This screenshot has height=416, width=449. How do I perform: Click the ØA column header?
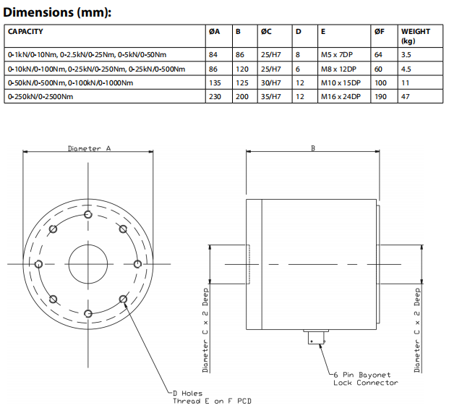pos(214,32)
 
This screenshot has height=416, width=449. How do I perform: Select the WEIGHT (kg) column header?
pos(416,36)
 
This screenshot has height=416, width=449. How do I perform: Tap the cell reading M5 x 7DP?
pos(337,54)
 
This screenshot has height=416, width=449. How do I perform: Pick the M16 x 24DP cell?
pos(341,96)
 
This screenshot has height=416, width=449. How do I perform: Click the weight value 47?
pos(406,96)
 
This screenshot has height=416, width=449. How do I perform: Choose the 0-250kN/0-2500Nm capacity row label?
pos(40,96)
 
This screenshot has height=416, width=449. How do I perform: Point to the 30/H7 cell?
pos(271,82)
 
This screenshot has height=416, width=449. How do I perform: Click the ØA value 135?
pos(215,82)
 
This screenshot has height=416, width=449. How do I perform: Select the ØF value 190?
pos(380,96)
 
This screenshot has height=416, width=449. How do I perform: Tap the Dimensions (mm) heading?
pos(57,12)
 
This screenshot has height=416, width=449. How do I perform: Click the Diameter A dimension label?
pos(89,148)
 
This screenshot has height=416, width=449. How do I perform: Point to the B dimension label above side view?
pos(313,148)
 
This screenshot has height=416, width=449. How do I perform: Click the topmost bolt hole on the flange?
pos(88,214)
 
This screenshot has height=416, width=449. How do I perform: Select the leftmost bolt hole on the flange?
pos(38,264)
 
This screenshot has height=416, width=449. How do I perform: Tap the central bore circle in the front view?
pos(88,264)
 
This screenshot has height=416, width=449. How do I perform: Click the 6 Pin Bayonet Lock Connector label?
pos(366,379)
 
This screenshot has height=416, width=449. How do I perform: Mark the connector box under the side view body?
pos(317,337)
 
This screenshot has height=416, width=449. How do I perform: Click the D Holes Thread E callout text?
pos(212,397)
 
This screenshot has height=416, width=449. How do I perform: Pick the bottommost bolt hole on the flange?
pos(88,314)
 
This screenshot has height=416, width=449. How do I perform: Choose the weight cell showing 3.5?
pos(406,54)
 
